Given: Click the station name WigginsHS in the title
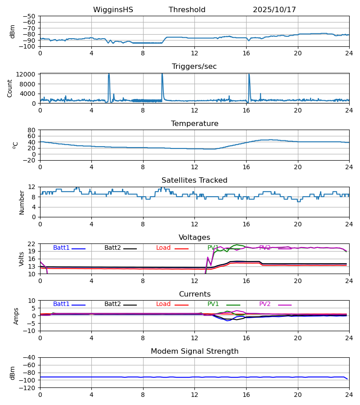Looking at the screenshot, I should coord(113,10).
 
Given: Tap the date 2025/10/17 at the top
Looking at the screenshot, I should coord(274,10).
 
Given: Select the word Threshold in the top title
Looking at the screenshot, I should coord(187,10).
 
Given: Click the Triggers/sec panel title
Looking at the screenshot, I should coord(194,67).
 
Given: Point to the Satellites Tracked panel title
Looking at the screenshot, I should coord(194,180).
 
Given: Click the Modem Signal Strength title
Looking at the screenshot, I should coord(194,351).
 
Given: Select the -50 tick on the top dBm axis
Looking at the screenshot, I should coord(31,16).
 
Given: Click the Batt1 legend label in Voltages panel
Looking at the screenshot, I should coord(61,248).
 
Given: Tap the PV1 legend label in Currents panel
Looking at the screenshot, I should coord(213,304).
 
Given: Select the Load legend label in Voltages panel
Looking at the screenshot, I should coord(164,248).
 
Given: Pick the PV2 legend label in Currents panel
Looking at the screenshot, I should coord(265,304).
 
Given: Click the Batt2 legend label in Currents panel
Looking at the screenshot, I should coord(113,304).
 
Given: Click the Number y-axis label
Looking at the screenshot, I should coord(22,202).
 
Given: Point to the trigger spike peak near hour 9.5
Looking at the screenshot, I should coord(162,74).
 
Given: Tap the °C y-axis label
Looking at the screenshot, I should coord(15,145).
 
